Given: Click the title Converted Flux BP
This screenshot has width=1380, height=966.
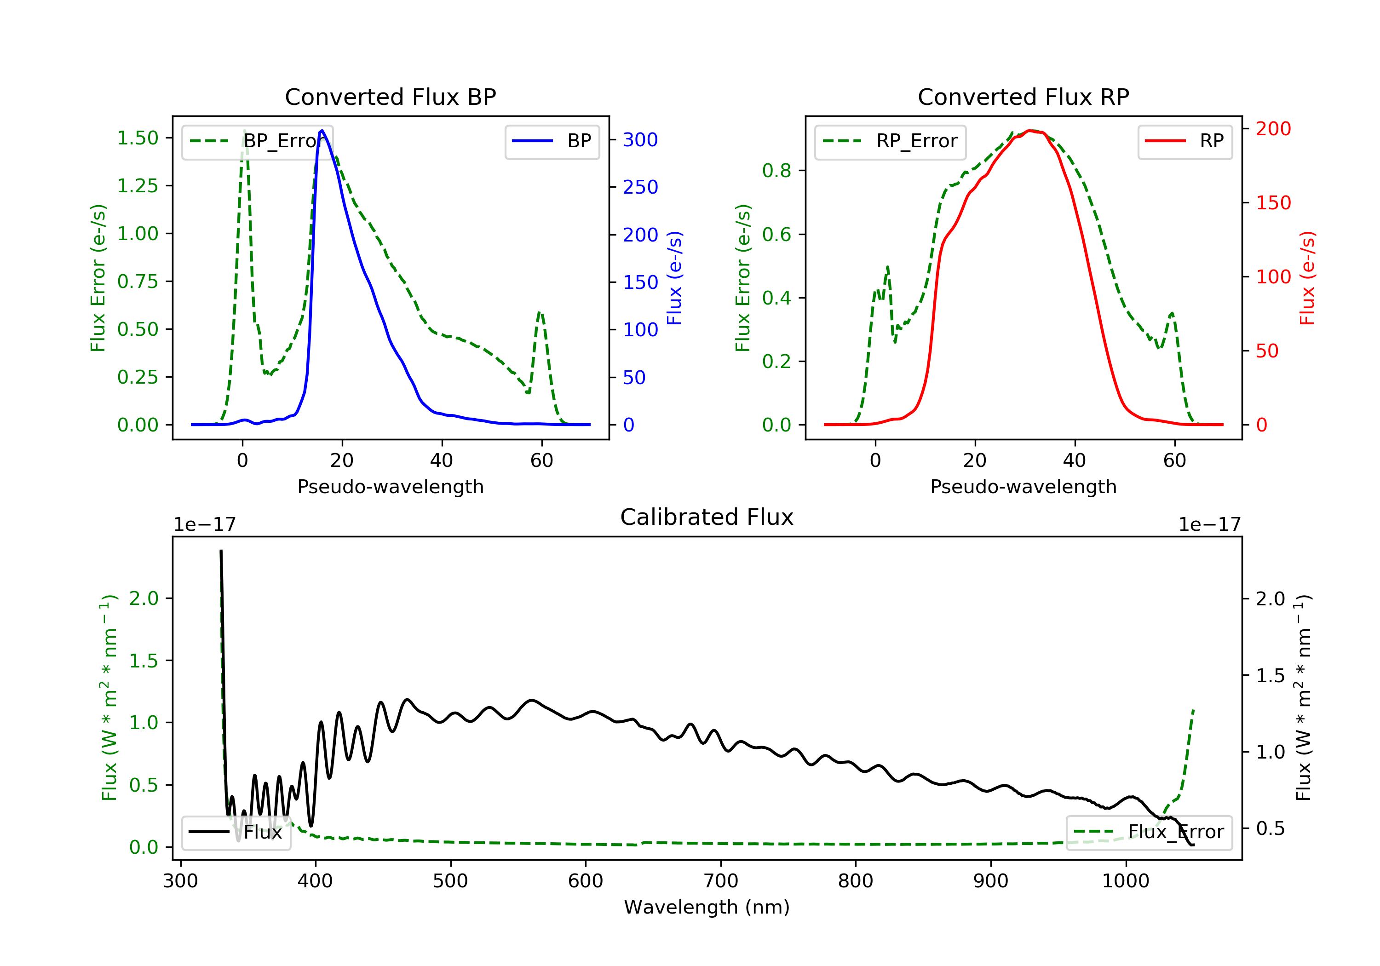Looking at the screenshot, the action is click(x=390, y=97).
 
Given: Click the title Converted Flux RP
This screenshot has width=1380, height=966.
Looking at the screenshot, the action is click(x=1023, y=97).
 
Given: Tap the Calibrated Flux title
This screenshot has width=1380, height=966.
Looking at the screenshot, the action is click(x=707, y=517).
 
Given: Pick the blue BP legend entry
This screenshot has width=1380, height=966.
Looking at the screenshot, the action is click(x=552, y=141).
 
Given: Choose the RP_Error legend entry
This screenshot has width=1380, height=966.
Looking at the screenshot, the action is click(x=890, y=141).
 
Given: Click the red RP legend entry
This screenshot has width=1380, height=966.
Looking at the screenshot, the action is click(x=1184, y=141).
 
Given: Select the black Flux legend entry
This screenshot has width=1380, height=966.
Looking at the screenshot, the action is click(x=236, y=832).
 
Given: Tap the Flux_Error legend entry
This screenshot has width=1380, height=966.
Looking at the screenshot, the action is click(x=1149, y=832).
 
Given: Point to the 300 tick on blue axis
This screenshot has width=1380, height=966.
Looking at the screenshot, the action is click(x=640, y=139).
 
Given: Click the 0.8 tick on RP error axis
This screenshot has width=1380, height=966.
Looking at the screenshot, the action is click(x=776, y=171).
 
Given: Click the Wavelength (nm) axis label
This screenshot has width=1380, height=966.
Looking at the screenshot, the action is click(x=707, y=907).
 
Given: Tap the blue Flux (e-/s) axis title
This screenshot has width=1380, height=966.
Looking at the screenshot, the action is click(x=674, y=278).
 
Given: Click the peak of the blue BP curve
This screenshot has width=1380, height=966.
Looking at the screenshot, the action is click(x=322, y=131).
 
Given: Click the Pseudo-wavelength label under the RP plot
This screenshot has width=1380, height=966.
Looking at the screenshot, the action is click(x=1023, y=486).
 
